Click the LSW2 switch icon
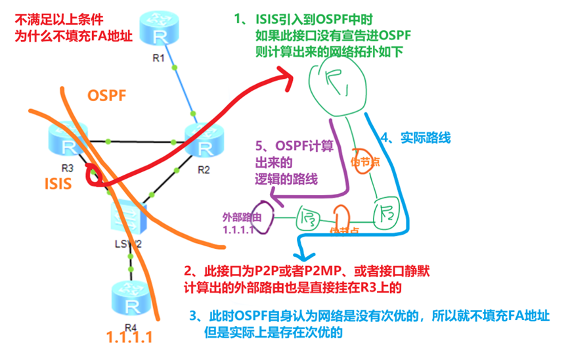(x=127, y=219)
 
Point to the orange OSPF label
(x=107, y=96)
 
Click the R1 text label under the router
(x=158, y=58)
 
